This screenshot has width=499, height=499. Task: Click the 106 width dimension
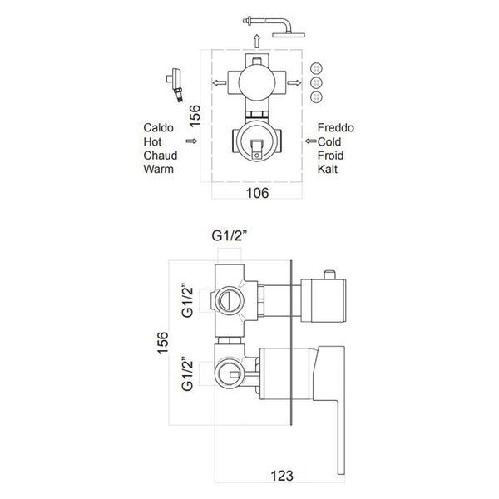(258, 193)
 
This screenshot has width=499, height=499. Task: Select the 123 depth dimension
(282, 476)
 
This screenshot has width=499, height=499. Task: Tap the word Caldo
(158, 127)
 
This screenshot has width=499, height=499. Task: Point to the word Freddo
(336, 127)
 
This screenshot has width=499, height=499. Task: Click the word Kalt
(328, 169)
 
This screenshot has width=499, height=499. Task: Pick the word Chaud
(160, 156)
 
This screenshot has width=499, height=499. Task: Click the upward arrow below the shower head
(257, 42)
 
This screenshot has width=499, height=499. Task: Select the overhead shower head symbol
(274, 27)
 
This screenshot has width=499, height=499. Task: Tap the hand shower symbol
(175, 85)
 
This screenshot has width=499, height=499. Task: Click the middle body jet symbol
(316, 82)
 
